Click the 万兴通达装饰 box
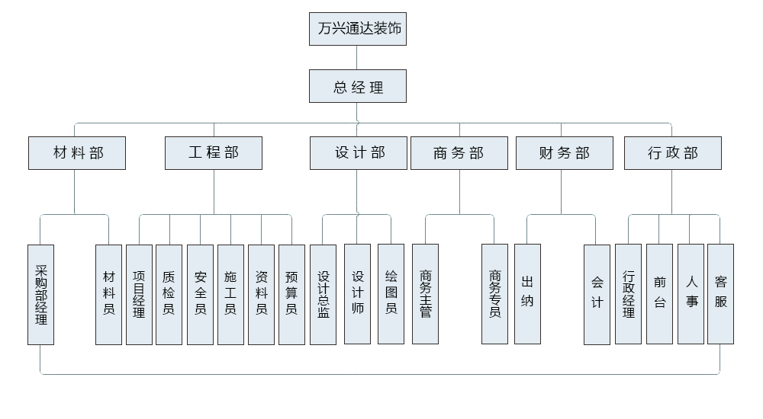coord(357,29)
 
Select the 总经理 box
coord(357,86)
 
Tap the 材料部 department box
coord(77,153)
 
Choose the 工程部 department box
coord(214,153)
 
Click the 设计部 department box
coord(359,153)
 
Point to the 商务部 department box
coord(459,153)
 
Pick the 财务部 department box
coord(564,153)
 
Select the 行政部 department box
coord(672,153)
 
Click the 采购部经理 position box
coord(40,294)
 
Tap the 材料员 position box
coord(108,294)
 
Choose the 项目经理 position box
coord(139,294)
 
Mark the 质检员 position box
coord(169,294)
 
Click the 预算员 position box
coord(291,294)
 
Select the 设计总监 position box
coord(324,294)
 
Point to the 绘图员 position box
coord(391,294)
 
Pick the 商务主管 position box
coord(425,294)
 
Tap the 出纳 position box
coord(527,294)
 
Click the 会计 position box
coord(597,294)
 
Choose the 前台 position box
coord(659,294)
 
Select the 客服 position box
coord(720,294)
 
